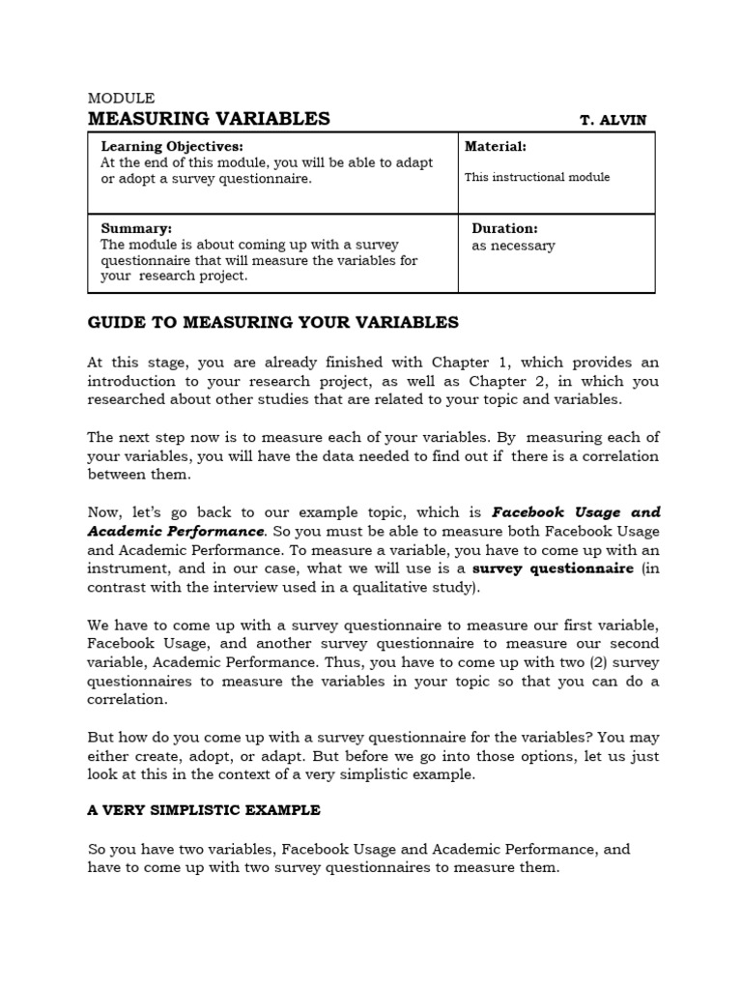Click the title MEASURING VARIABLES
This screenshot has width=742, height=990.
point(209,119)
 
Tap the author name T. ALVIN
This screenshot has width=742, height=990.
point(613,121)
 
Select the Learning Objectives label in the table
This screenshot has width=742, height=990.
point(174,146)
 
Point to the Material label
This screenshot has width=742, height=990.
point(496,146)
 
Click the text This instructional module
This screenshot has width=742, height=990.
point(537,177)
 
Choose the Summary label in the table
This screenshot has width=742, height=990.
point(137,229)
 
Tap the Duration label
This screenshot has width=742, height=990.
point(504,229)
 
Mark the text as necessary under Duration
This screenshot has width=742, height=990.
point(513,246)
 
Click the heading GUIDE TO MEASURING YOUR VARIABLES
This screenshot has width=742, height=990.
point(273,322)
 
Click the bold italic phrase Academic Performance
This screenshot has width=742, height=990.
point(176,531)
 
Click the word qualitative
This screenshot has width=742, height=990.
point(368,587)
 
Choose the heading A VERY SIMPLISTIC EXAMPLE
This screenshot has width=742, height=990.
point(204,809)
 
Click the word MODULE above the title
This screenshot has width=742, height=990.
point(121,98)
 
